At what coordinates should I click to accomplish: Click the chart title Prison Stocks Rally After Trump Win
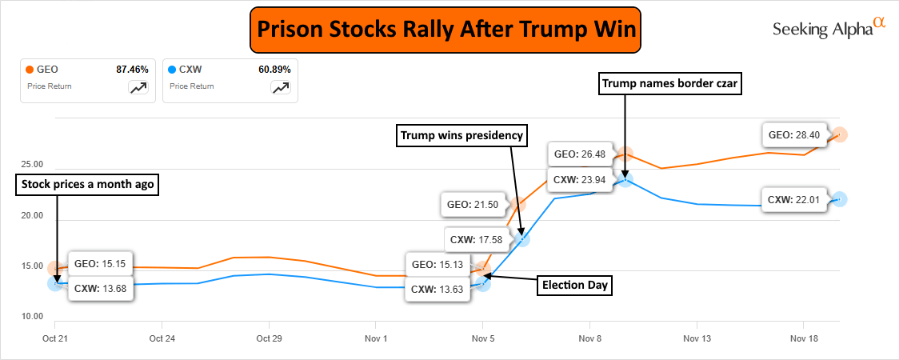tap(445, 31)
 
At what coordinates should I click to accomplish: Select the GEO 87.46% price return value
tap(132, 70)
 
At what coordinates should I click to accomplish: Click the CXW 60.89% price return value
tap(275, 70)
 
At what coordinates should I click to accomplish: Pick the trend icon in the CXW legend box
tap(281, 88)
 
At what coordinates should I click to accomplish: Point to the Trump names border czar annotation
tap(670, 83)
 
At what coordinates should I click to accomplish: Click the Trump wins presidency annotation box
tap(463, 136)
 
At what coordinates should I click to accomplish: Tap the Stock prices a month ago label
tap(87, 185)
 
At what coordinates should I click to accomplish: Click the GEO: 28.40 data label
tap(793, 134)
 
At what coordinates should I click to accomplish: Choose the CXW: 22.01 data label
tap(793, 199)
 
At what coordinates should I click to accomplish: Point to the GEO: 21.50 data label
tap(473, 204)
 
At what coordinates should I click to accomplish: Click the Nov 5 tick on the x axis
tap(483, 338)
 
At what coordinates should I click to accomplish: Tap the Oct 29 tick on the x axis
tap(269, 338)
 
